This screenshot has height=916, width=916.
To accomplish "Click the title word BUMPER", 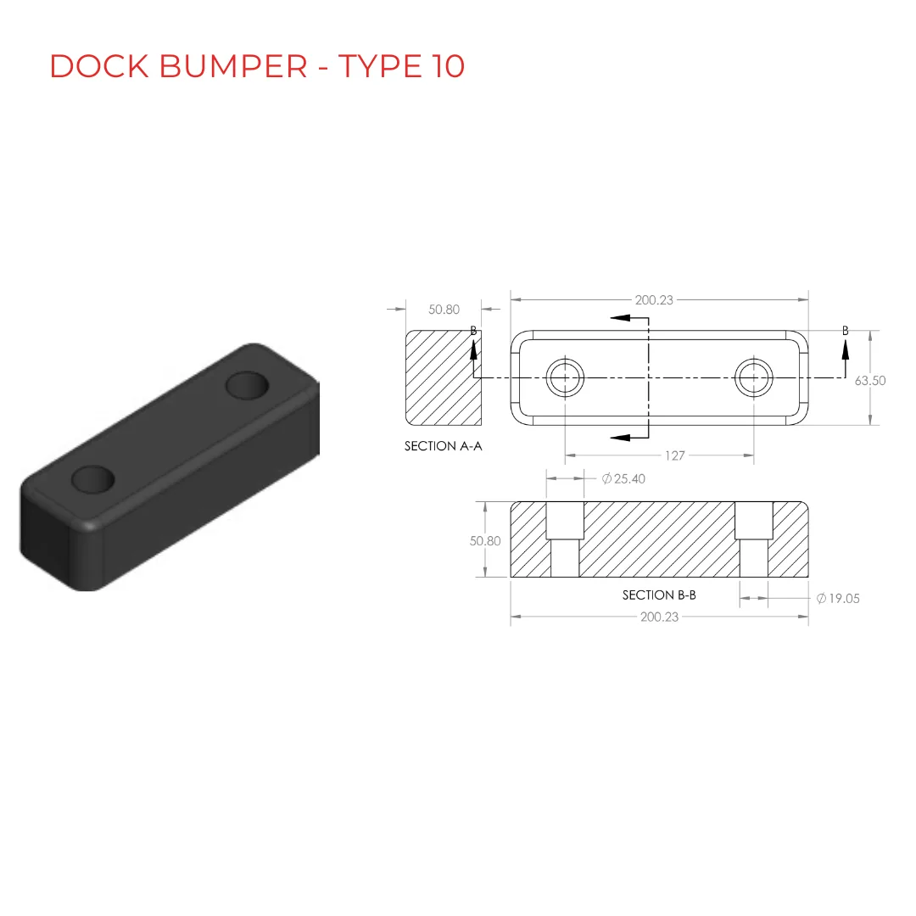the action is [x=233, y=66].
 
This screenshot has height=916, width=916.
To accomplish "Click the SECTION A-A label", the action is [x=444, y=446].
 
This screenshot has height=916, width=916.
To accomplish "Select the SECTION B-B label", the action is [x=659, y=595].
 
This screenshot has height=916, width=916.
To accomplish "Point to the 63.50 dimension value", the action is [x=870, y=381].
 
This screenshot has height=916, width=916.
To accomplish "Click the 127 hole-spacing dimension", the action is [x=675, y=455].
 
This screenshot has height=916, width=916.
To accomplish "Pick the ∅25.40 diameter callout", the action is [x=623, y=479].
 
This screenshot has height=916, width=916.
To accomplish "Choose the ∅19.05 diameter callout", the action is [x=838, y=598].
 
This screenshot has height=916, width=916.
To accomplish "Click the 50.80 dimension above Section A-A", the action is [x=444, y=310].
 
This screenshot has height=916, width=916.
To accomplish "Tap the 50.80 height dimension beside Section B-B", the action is [x=485, y=541].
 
